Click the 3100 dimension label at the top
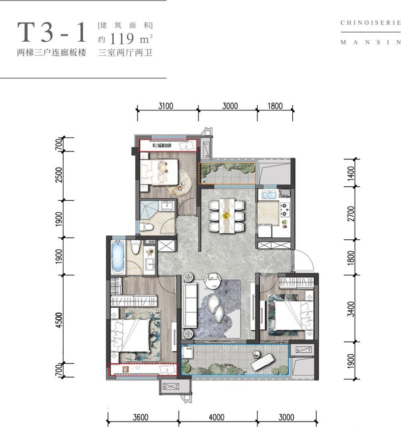tap(165, 106)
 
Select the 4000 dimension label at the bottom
tap(217, 417)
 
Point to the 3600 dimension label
tap(141, 417)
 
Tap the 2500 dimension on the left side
tap(59, 175)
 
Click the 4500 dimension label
tap(59, 320)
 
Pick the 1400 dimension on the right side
tap(351, 173)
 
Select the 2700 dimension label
tap(351, 214)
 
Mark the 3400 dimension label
tap(351, 309)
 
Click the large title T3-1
tap(52, 33)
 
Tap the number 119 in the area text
tap(122, 39)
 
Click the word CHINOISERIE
tap(370, 23)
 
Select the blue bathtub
tap(119, 256)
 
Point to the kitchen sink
tap(269, 195)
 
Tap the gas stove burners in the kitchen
tap(285, 209)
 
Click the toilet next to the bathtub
tap(135, 246)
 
